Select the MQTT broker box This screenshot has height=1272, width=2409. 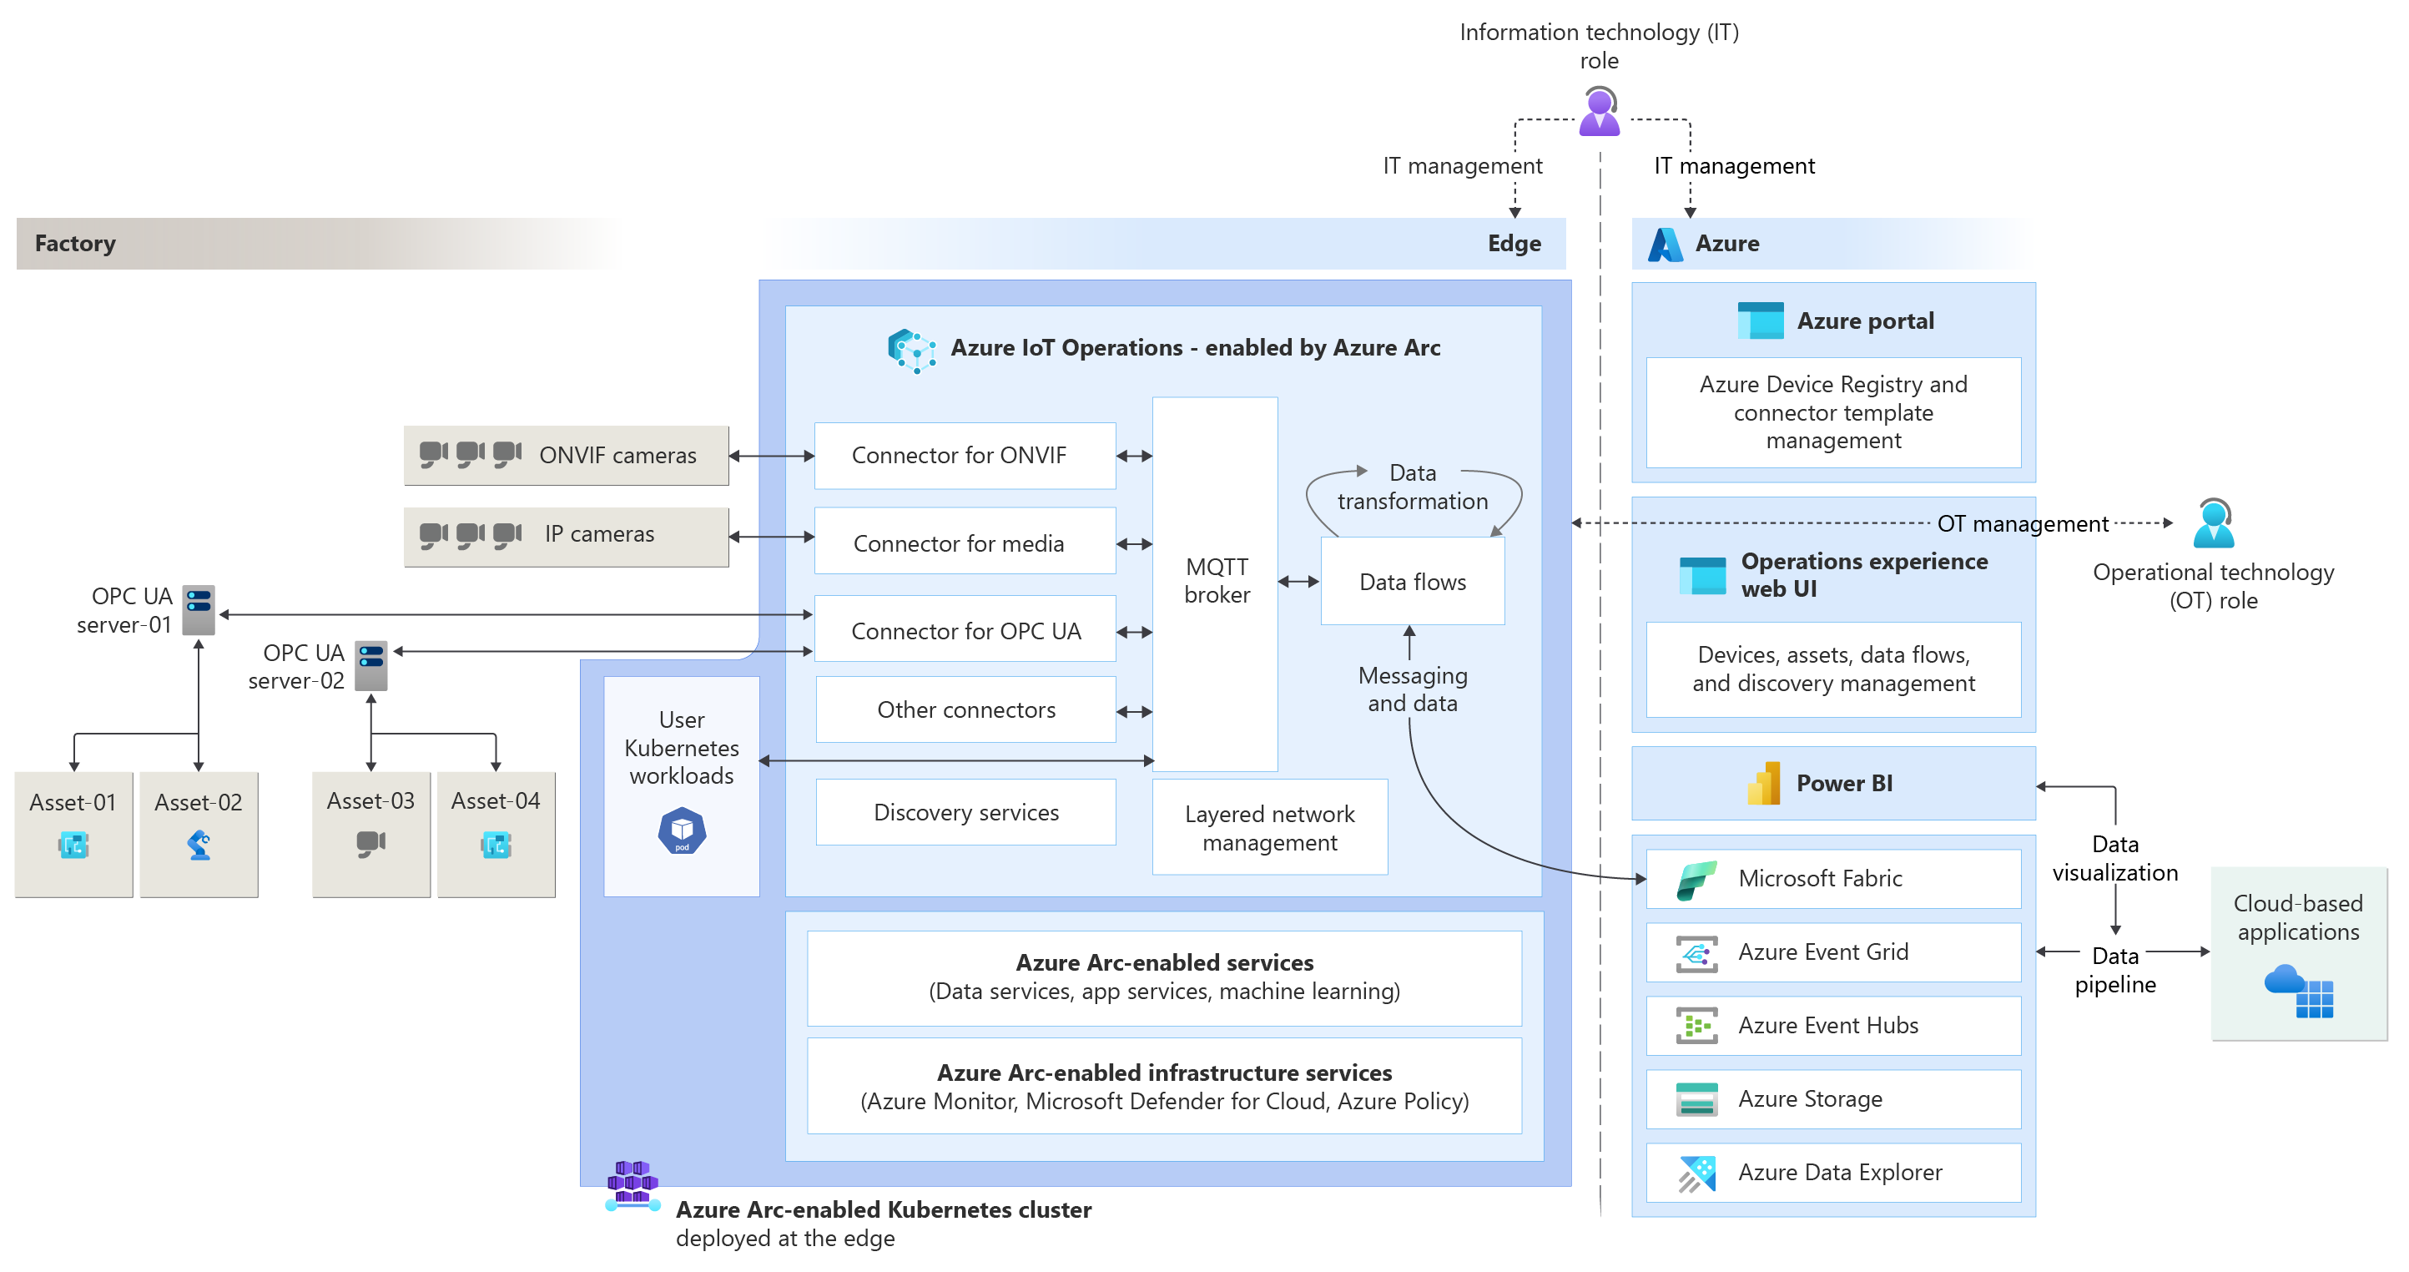tap(1215, 582)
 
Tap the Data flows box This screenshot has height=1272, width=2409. tap(1412, 582)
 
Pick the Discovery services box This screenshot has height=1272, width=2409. tap(965, 812)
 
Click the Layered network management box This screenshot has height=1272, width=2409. tap(1269, 828)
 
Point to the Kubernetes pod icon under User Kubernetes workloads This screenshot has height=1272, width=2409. tap(682, 830)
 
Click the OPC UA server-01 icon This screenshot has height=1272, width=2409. tap(199, 609)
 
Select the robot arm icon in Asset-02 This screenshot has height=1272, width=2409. tap(199, 845)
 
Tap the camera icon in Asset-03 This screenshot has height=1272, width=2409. tap(370, 843)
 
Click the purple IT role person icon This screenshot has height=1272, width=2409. tap(1599, 112)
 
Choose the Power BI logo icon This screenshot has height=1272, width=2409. tap(1764, 784)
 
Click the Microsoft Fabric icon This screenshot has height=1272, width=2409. tap(1696, 879)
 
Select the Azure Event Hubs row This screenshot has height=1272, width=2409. tap(1833, 1026)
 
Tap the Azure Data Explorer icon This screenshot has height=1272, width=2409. tap(1696, 1174)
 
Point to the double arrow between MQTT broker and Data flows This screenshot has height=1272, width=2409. tap(1298, 582)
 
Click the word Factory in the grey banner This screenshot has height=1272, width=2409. tap(75, 244)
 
